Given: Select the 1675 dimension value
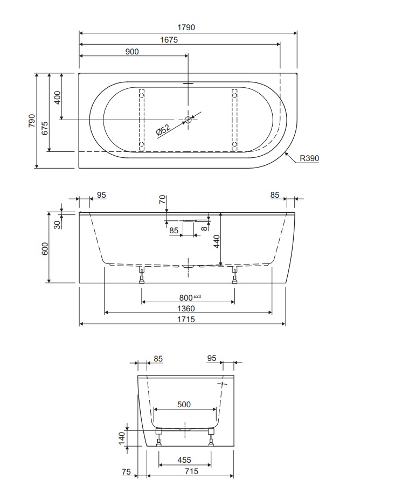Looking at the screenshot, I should pyautogui.click(x=169, y=40).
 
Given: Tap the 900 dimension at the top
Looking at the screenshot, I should pyautogui.click(x=132, y=52).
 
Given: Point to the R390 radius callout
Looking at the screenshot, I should pyautogui.click(x=309, y=158).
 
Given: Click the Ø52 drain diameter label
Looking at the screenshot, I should pyautogui.click(x=163, y=130).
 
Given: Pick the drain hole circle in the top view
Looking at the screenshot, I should pyautogui.click(x=188, y=120).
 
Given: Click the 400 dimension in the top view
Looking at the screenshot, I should pyautogui.click(x=57, y=97).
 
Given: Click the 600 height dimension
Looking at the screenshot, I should pyautogui.click(x=45, y=248).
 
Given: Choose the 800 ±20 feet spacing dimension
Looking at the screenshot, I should pyautogui.click(x=189, y=298).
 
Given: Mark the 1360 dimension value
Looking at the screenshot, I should pyautogui.click(x=185, y=309).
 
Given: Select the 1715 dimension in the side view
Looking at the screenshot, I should pyautogui.click(x=185, y=320).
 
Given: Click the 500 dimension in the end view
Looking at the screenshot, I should pyautogui.click(x=183, y=405).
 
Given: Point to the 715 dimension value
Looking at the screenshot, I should pyautogui.click(x=191, y=471).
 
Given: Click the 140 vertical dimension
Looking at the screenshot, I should pyautogui.click(x=122, y=437).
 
